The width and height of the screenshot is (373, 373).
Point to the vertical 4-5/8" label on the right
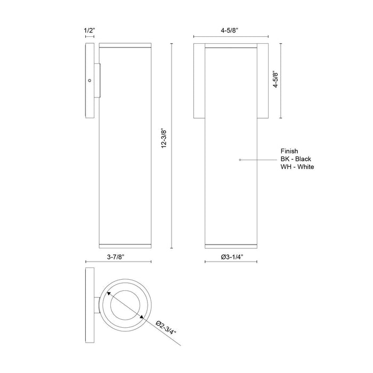point(275,80)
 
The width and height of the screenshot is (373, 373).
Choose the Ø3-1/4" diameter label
point(231,256)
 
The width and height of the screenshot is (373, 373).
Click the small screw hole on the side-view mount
point(90,80)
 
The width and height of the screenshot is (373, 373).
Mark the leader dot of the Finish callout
point(240,159)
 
